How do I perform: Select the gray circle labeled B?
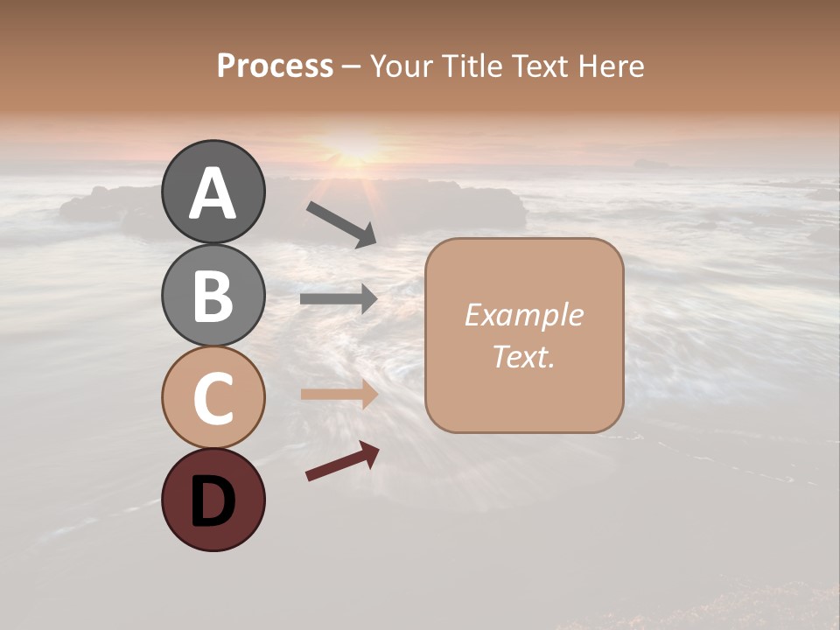click(x=213, y=295)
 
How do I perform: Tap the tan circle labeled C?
click(x=213, y=397)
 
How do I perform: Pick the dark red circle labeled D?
click(x=213, y=500)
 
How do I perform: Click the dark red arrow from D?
click(x=342, y=461)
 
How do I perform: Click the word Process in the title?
click(x=275, y=66)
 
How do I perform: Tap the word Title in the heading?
click(x=469, y=66)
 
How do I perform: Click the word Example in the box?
click(x=523, y=315)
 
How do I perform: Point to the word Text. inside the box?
click(x=523, y=357)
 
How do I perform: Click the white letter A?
click(x=213, y=193)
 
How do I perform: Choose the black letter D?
click(x=213, y=502)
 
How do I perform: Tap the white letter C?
click(x=213, y=399)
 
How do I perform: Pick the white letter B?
click(x=213, y=296)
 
